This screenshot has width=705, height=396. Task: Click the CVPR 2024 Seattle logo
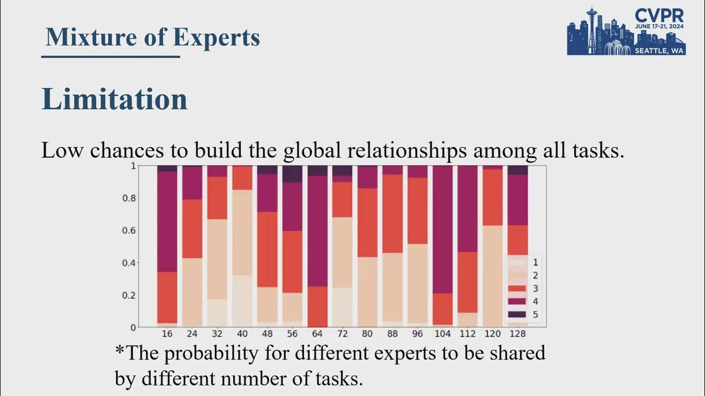[626, 31]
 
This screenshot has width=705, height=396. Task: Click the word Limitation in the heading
[115, 100]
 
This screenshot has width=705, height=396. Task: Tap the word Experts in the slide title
[216, 37]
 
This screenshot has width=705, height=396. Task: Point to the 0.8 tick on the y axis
[129, 198]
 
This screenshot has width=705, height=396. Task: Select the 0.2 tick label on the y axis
[129, 295]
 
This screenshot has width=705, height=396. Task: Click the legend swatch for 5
[517, 315]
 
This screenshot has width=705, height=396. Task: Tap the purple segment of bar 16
[167, 221]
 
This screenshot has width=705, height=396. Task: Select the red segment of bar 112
[468, 282]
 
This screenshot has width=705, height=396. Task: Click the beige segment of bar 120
[492, 275]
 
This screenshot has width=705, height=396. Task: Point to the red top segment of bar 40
[242, 178]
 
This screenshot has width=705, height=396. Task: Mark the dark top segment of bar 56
[292, 174]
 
